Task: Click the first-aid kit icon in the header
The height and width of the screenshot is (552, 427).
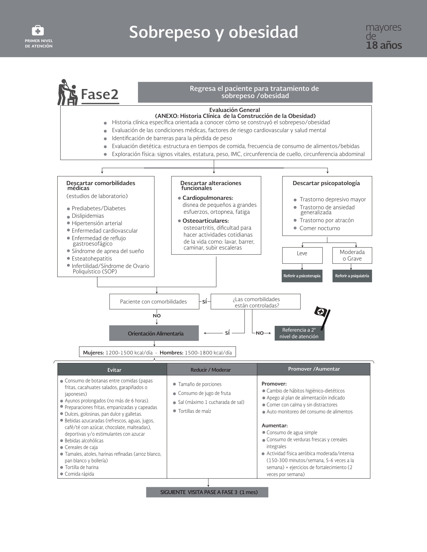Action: [38, 31]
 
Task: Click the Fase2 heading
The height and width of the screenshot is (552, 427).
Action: [100, 94]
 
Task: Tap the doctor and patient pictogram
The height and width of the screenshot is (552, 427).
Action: [67, 92]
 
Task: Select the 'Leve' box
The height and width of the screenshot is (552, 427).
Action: [302, 255]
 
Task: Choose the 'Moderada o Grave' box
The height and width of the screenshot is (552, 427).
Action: [352, 255]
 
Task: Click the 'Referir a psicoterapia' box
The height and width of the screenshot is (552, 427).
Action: [302, 276]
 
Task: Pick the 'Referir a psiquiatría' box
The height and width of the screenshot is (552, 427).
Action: [352, 276]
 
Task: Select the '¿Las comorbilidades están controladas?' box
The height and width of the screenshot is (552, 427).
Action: [256, 302]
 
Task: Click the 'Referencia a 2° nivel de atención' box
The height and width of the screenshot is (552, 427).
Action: [299, 333]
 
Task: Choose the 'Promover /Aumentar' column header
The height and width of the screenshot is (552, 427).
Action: [313, 369]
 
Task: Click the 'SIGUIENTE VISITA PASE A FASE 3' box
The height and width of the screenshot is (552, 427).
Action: [207, 492]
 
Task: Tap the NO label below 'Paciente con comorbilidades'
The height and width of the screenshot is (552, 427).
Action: [157, 316]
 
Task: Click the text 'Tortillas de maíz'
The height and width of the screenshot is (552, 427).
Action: [195, 411]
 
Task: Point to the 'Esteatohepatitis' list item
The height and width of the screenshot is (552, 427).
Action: [92, 259]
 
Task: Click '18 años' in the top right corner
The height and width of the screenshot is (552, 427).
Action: [384, 45]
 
